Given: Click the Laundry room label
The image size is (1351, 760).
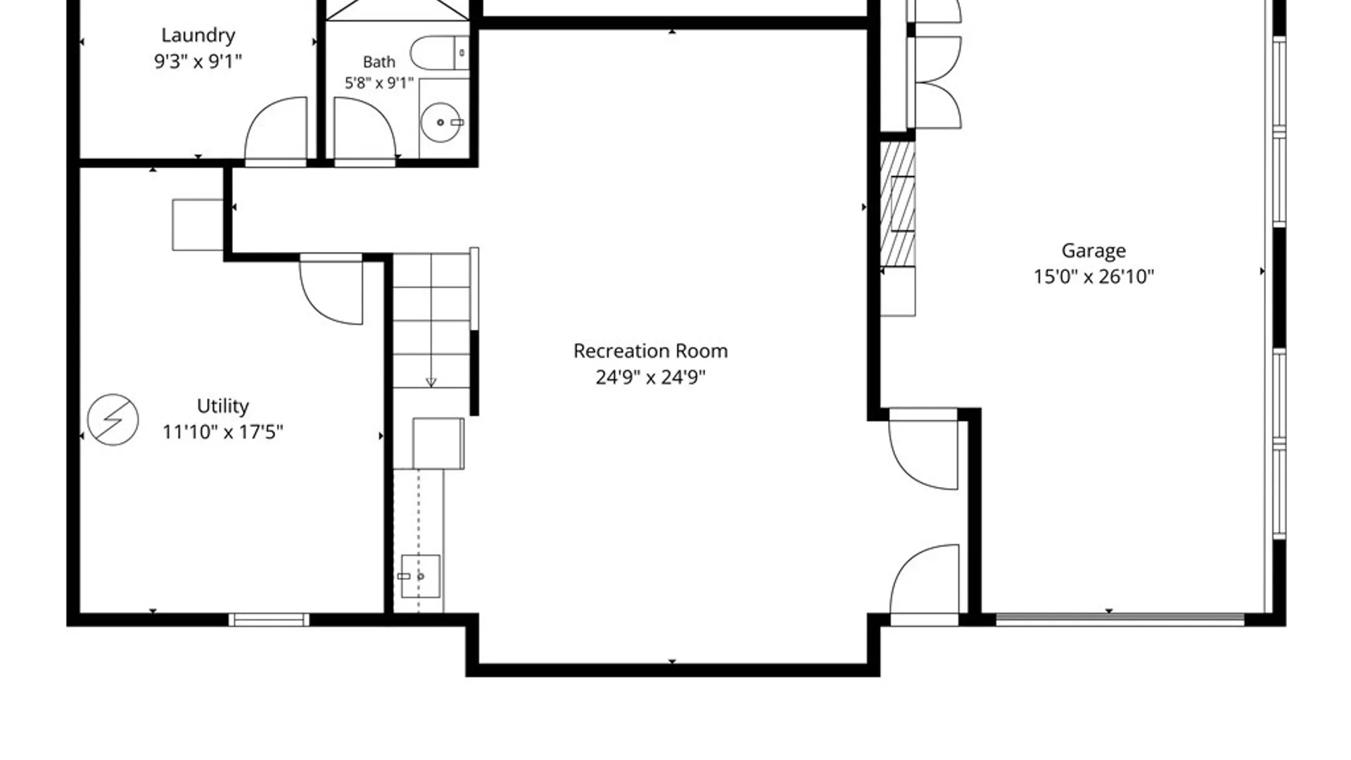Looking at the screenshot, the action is pos(198,35).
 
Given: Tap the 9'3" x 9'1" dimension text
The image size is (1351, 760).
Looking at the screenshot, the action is pos(198,61).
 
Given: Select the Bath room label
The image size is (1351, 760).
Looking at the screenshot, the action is pos(379,62).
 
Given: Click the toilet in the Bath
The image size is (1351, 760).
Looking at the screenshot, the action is pos(440,52).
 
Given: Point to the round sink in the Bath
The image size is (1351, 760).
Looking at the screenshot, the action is pos(440,122).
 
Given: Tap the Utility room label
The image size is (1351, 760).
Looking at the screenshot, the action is pos(222,406).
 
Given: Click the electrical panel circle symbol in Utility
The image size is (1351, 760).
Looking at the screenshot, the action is pos(113,419).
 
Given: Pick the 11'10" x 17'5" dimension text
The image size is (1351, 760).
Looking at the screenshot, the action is pos(222,431).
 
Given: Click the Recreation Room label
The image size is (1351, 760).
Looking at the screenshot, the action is pos(650,351).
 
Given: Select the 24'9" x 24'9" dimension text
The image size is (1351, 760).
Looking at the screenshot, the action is pos(650,377).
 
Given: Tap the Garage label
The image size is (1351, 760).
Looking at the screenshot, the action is pos(1093,251).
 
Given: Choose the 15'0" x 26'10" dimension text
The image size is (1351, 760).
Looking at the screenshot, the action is pos(1093,277).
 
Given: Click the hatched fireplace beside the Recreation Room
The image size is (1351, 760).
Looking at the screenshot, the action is pos(898,203).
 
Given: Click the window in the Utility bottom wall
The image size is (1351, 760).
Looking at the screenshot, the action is pos(269,620).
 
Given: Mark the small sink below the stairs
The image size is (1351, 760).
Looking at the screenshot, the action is pos(420,576).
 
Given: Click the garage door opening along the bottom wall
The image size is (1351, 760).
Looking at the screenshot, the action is pos(1120,620).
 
